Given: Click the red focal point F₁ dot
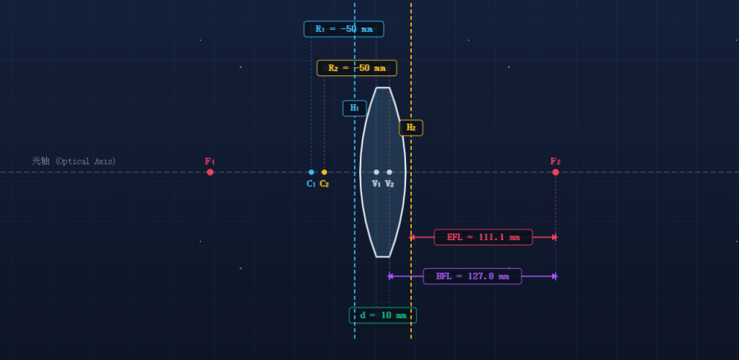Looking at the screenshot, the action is pyautogui.click(x=210, y=172).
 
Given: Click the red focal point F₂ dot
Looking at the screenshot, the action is pyautogui.click(x=556, y=172).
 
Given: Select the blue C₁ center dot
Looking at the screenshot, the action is pyautogui.click(x=311, y=172).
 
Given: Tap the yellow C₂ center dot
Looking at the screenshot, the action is pyautogui.click(x=324, y=172).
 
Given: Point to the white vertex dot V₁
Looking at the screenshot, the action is pyautogui.click(x=376, y=172).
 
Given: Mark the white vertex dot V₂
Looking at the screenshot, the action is pyautogui.click(x=390, y=172).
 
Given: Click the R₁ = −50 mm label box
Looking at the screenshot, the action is pyautogui.click(x=343, y=29).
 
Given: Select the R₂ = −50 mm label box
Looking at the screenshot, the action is pyautogui.click(x=357, y=68).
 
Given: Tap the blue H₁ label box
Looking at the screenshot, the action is pyautogui.click(x=355, y=108).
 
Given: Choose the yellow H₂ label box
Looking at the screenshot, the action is pyautogui.click(x=411, y=128).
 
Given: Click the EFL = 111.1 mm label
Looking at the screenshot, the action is pyautogui.click(x=483, y=237).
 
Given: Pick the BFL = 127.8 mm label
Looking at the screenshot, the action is pyautogui.click(x=472, y=277).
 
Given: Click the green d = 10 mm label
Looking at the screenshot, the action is pyautogui.click(x=383, y=315).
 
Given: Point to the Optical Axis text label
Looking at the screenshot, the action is pyautogui.click(x=74, y=161).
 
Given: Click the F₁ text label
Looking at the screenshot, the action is pyautogui.click(x=210, y=161).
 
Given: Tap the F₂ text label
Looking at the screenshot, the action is pyautogui.click(x=555, y=161).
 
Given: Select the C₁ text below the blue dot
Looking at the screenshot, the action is pyautogui.click(x=311, y=184).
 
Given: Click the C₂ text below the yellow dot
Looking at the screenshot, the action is pyautogui.click(x=324, y=184).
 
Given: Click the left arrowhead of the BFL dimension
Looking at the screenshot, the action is pyautogui.click(x=390, y=277).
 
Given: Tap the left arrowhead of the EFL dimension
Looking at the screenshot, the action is pyautogui.click(x=412, y=237).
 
